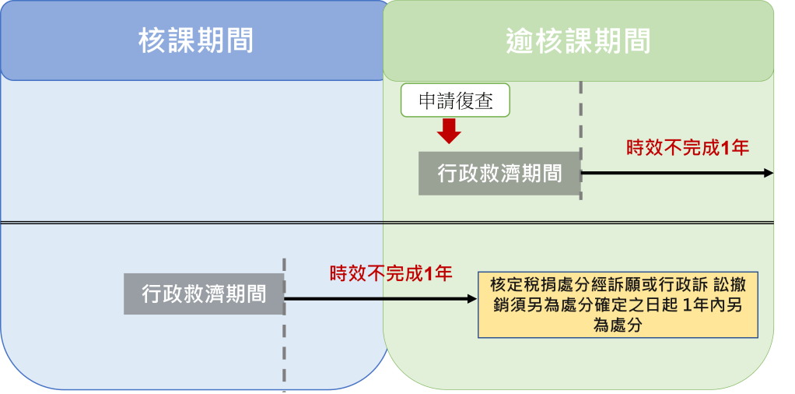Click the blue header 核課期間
[x=195, y=40]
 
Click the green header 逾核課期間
[x=577, y=40]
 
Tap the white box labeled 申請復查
[x=455, y=100]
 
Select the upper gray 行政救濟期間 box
[x=499, y=173]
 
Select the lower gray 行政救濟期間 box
[x=203, y=294]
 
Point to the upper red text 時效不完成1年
[x=687, y=147]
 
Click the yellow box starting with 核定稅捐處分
[x=618, y=304]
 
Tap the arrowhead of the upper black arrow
[x=769, y=173]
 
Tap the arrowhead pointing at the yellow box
[x=471, y=299]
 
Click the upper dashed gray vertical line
[x=581, y=117]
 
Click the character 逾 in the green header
[x=519, y=40]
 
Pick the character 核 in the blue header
[x=152, y=40]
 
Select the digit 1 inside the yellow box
[x=685, y=305]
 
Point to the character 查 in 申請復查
[x=485, y=100]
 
